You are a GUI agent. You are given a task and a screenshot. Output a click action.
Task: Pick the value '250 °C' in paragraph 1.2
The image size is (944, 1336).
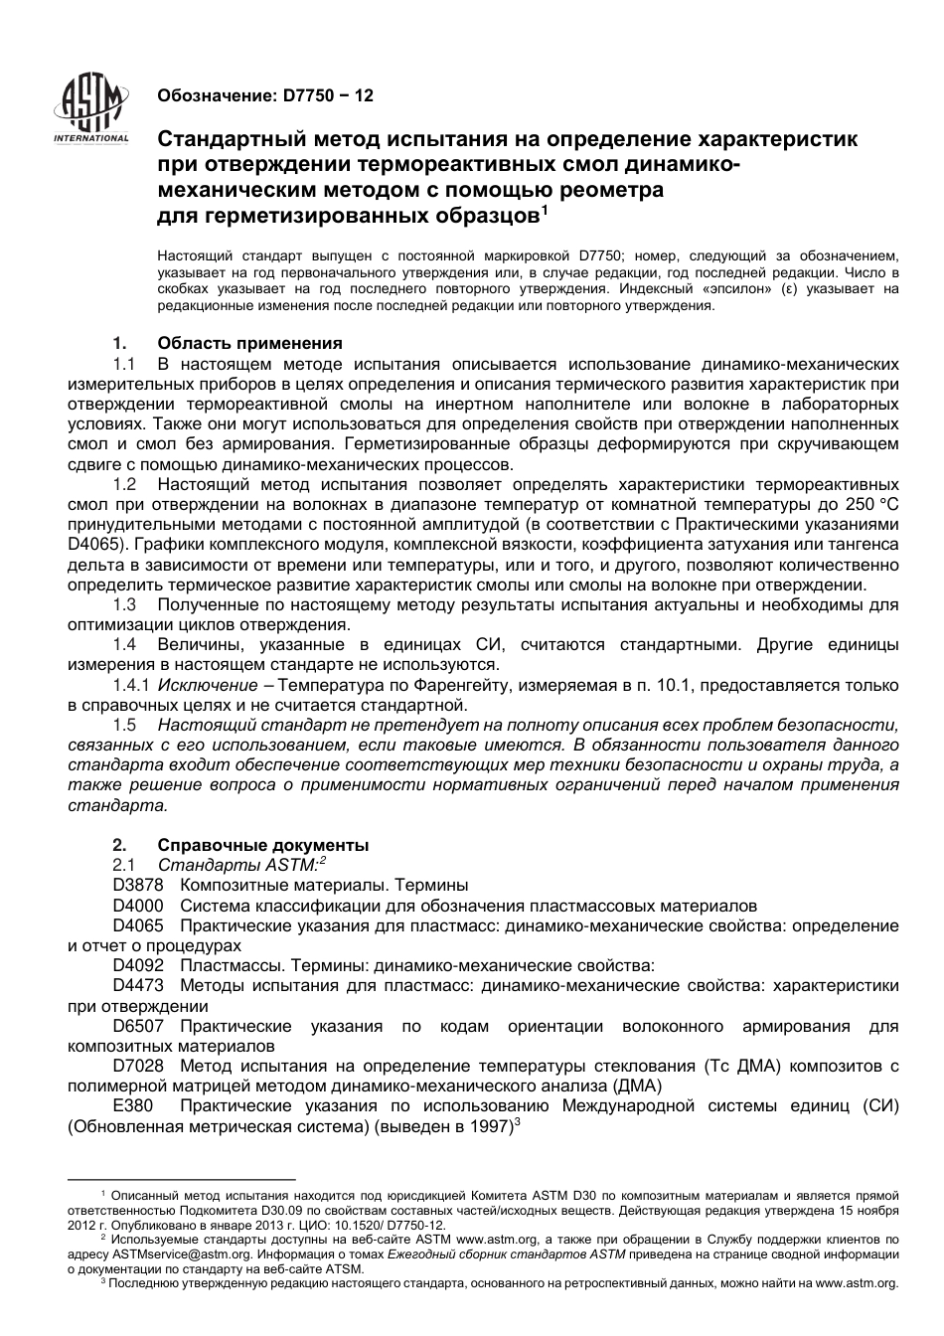click(869, 504)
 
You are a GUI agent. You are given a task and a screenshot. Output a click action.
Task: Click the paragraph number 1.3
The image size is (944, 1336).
click(124, 604)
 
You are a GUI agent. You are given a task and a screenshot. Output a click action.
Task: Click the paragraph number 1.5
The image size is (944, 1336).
click(124, 725)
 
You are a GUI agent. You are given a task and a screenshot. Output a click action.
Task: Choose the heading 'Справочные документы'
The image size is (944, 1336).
click(262, 845)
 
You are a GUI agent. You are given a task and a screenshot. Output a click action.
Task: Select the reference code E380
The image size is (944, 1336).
click(130, 1105)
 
